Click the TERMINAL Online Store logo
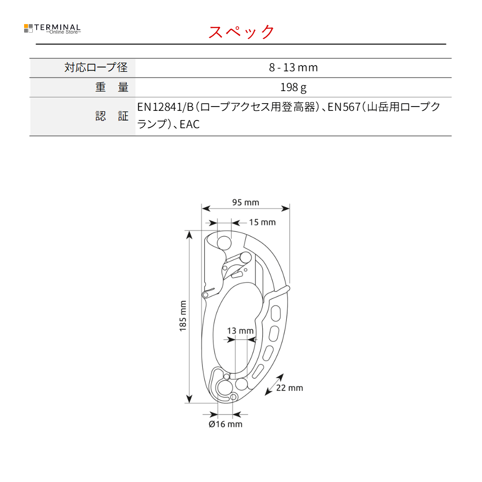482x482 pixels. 52,28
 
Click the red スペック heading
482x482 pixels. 241,32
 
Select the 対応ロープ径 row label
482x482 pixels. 96,67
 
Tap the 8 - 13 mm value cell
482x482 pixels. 293,67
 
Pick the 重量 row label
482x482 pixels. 112,87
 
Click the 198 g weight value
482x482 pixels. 293,88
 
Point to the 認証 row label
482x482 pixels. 112,116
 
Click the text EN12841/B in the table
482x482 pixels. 165,107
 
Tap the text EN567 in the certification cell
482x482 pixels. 344,107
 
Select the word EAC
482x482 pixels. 189,124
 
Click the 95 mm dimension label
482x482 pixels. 246,202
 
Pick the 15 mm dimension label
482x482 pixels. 262,222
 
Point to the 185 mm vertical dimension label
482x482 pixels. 183,316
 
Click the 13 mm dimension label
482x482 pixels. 240,331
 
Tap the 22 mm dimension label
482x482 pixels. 290,388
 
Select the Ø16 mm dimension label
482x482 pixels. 225,424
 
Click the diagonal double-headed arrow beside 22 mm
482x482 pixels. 274,385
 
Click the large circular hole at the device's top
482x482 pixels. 224,243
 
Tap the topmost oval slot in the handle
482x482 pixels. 276,313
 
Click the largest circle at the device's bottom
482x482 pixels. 225,388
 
